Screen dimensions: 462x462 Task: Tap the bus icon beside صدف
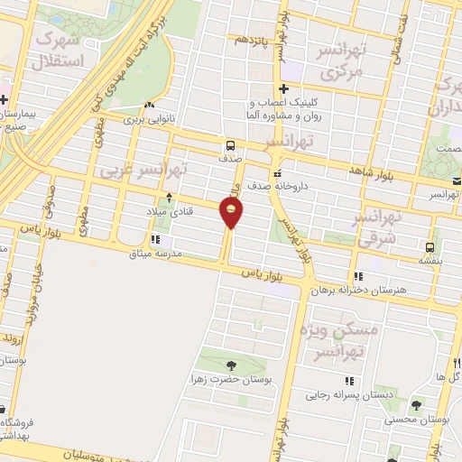point(232,145)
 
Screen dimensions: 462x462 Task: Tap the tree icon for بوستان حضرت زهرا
point(231,365)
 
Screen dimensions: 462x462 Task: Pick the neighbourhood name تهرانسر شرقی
point(378,229)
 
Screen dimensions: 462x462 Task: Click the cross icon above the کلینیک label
point(283,88)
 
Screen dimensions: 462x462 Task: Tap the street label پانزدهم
point(253,41)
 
